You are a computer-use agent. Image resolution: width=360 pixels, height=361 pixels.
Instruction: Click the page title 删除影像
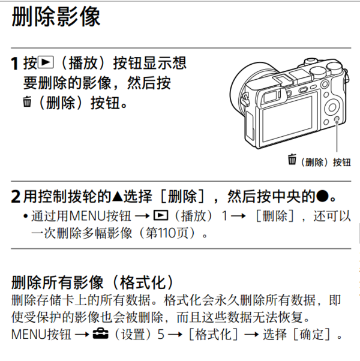56,17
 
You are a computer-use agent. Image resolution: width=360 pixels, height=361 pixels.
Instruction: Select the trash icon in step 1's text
26,103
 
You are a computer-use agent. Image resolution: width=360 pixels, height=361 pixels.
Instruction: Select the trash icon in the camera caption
292,160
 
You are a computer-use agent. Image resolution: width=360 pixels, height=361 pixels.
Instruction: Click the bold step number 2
16,197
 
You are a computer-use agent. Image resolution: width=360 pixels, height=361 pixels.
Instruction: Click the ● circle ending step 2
323,196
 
